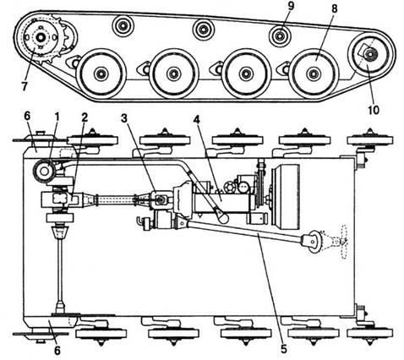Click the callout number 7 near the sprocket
(x=25, y=86)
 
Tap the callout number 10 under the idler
(x=374, y=109)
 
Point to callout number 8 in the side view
(x=334, y=8)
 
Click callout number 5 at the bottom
(x=283, y=349)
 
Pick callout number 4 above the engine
(x=196, y=120)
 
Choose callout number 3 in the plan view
(x=124, y=118)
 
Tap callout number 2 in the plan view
(x=85, y=118)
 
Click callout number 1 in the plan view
(x=57, y=118)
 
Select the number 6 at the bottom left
(x=57, y=350)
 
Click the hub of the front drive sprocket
(x=41, y=37)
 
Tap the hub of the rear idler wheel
(x=369, y=53)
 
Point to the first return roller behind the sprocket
(x=123, y=25)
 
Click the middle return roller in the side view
(x=203, y=30)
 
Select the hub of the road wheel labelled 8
(x=313, y=74)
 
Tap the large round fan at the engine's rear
(x=285, y=196)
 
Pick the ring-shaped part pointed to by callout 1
(x=44, y=170)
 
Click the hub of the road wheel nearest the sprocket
(x=101, y=74)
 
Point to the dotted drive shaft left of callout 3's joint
(x=115, y=200)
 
